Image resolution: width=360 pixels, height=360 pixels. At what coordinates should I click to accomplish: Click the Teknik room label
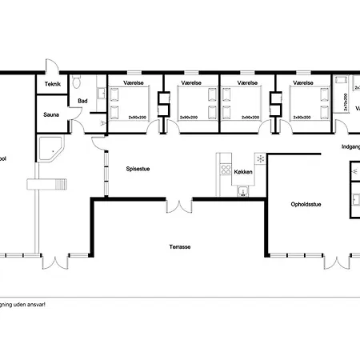[x=54, y=84]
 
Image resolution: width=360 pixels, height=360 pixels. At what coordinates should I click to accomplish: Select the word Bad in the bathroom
[x=82, y=101]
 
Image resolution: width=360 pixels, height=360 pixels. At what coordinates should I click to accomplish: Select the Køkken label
[x=243, y=172]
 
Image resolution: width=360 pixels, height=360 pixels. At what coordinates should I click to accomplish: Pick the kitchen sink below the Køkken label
[x=243, y=190]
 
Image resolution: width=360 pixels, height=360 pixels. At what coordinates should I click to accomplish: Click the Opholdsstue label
[x=306, y=205]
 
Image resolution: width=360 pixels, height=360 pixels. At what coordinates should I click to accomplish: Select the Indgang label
[x=351, y=146]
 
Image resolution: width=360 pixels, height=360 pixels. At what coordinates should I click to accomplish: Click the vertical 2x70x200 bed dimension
[x=345, y=102]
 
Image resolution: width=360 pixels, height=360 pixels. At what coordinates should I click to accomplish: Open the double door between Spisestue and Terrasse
[x=179, y=206]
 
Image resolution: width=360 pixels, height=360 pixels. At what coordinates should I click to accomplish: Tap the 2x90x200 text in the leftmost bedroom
[x=138, y=118]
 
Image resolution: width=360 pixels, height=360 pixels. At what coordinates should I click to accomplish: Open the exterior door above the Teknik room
[x=50, y=66]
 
